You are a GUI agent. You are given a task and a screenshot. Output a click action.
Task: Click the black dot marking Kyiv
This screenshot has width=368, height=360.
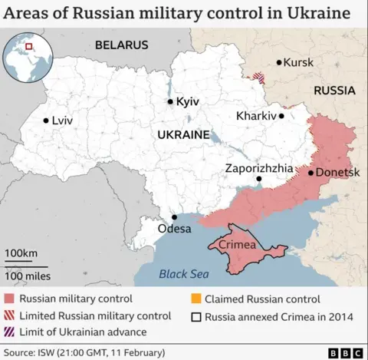click(170, 101)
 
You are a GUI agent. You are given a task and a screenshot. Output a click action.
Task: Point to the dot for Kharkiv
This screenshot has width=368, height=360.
click(281, 116)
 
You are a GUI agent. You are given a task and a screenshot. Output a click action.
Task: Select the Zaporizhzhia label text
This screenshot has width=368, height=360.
click(258, 168)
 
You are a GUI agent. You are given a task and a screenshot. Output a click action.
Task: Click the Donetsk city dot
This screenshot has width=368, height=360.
click(310, 173)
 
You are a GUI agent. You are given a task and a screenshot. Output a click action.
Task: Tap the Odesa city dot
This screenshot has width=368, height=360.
click(174, 217)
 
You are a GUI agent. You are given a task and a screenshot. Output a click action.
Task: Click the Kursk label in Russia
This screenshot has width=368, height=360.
click(298, 62)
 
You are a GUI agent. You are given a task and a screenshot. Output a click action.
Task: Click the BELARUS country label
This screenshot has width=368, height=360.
click(121, 45)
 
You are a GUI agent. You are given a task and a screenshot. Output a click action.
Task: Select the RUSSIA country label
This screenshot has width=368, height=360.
click(335, 90)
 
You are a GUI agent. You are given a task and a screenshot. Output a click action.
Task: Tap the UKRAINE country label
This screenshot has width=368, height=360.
click(183, 134)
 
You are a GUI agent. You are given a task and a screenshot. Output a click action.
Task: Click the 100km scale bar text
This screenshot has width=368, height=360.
click(21, 253)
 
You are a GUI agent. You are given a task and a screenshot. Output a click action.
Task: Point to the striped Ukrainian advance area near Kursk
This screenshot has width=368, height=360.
click(261, 78)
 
